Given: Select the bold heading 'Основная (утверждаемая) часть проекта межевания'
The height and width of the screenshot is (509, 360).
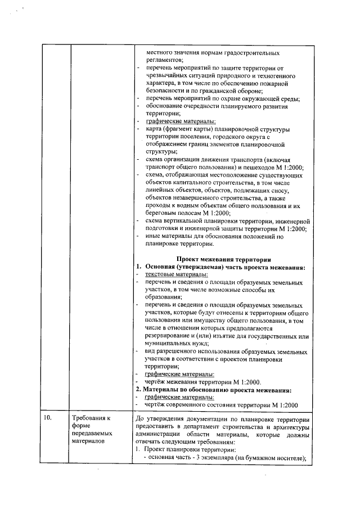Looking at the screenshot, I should (225, 267).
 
